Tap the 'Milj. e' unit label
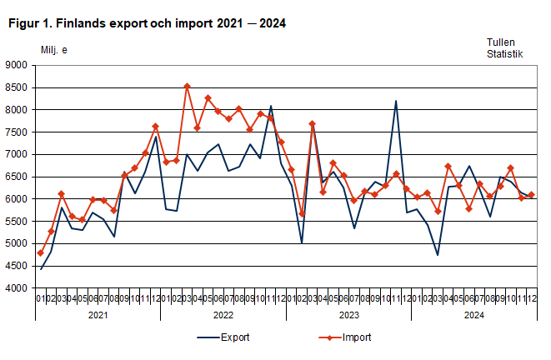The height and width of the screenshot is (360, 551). click(x=54, y=50)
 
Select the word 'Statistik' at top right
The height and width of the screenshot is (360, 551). click(x=505, y=54)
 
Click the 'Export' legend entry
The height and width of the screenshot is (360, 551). click(x=233, y=338)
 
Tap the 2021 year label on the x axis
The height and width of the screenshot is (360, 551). click(x=98, y=316)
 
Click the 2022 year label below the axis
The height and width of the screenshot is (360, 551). click(x=223, y=316)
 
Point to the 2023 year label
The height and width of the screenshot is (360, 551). click(x=348, y=316)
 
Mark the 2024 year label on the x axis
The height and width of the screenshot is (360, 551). click(x=473, y=316)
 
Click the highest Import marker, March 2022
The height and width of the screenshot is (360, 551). click(x=187, y=86)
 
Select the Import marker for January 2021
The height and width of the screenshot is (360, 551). click(x=40, y=252)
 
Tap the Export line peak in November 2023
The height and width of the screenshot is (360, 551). click(x=396, y=101)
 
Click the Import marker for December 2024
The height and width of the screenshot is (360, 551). click(x=531, y=195)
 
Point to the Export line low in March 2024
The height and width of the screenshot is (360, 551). click(x=438, y=255)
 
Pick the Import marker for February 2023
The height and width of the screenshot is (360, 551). click(x=302, y=214)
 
